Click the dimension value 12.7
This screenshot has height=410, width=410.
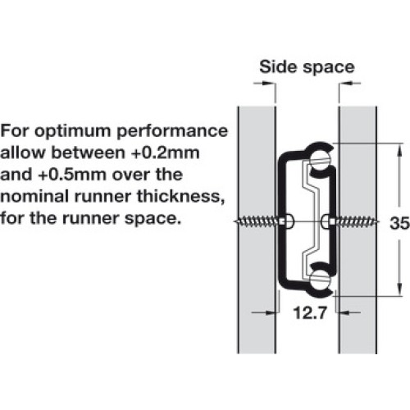310,312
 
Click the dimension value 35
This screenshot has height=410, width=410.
399,223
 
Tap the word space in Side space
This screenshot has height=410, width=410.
329,68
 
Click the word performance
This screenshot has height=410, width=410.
172,132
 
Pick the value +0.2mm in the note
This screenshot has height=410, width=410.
165,153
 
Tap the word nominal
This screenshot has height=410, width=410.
34,197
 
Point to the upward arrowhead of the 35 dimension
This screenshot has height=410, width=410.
399,151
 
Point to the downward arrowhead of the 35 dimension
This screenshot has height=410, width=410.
399,288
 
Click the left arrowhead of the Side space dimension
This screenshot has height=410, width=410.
268,83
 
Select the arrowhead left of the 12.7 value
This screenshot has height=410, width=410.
271,312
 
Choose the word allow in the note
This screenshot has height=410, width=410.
22,153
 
